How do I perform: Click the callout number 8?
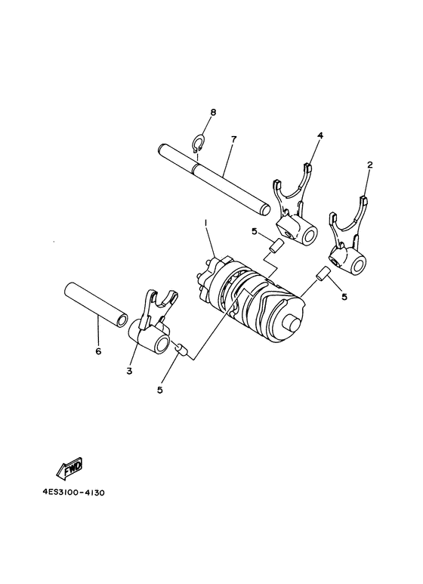(213, 112)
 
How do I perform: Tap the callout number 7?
(213, 140)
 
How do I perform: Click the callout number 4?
(299, 135)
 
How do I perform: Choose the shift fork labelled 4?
(292, 212)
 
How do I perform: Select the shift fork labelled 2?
(350, 243)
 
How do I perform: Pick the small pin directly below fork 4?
(276, 246)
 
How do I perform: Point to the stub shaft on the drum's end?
(292, 323)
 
